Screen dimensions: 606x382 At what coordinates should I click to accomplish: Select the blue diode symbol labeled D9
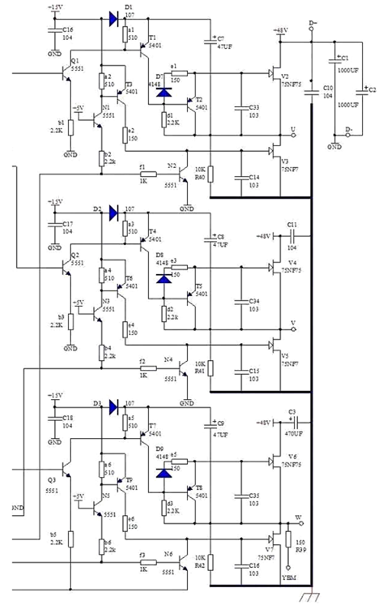(x=164, y=472)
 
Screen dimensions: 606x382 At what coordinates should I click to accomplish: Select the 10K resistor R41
(x=212, y=369)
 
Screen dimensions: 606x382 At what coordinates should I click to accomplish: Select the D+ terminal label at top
(x=312, y=24)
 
